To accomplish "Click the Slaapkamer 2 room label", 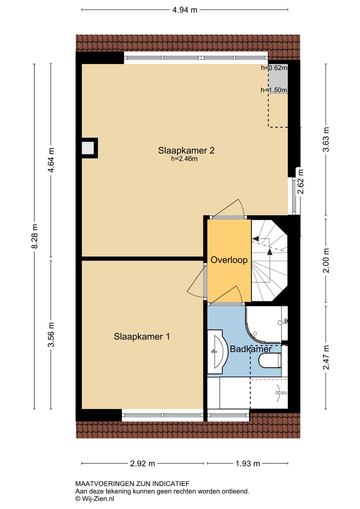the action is pyautogui.click(x=186, y=151).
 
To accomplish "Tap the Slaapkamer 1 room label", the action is pyautogui.click(x=142, y=337).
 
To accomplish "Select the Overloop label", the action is pyautogui.click(x=229, y=260).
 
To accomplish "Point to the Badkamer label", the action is pyautogui.click(x=251, y=349).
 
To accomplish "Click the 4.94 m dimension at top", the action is pyautogui.click(x=185, y=10).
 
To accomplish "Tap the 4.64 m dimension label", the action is pyautogui.click(x=51, y=160).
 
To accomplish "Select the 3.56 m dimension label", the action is pyautogui.click(x=51, y=334).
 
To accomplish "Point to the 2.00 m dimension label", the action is pyautogui.click(x=326, y=261).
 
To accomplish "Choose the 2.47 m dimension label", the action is pyautogui.click(x=326, y=357).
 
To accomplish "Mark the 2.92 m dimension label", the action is pyautogui.click(x=143, y=463).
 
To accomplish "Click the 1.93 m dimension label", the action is pyautogui.click(x=248, y=463).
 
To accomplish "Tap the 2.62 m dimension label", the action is pyautogui.click(x=301, y=182).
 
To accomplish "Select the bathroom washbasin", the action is pyautogui.click(x=217, y=351).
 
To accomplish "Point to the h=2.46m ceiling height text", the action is pyautogui.click(x=184, y=159).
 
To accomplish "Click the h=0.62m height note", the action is pyautogui.click(x=274, y=68).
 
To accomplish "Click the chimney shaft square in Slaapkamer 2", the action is pyautogui.click(x=88, y=148).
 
